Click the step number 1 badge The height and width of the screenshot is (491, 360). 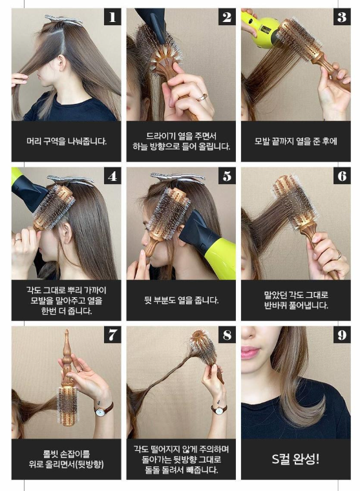click(x=112, y=17)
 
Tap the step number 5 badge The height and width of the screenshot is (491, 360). click(x=227, y=176)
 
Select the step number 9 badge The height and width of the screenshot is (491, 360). click(x=342, y=335)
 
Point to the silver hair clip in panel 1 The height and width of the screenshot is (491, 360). click(x=63, y=19)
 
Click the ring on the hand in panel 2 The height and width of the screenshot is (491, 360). click(x=202, y=97)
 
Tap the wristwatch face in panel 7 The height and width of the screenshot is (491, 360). click(x=100, y=412)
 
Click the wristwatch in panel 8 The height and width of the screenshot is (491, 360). click(x=218, y=409)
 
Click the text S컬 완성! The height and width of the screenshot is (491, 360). click(x=295, y=459)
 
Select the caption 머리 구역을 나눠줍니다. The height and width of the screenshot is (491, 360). click(x=67, y=141)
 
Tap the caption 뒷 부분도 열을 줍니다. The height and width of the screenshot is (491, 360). click(x=181, y=300)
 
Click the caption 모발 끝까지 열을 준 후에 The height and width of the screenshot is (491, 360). click(x=296, y=141)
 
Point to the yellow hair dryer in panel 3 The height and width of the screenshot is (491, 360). click(x=260, y=28)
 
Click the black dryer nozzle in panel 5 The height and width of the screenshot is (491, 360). click(x=195, y=227)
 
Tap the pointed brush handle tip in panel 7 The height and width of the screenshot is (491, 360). click(x=67, y=331)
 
